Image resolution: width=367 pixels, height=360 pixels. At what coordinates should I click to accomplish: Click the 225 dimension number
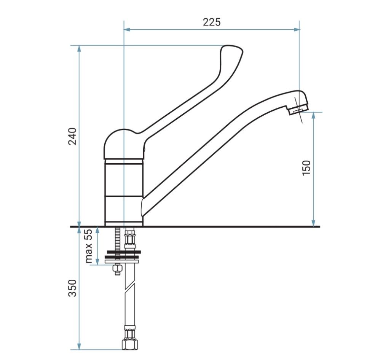click(212, 22)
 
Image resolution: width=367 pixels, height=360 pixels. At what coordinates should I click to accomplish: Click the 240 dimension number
click(72, 136)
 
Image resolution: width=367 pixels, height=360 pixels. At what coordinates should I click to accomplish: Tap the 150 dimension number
click(306, 168)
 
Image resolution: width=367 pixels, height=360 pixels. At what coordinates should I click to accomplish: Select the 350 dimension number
click(72, 288)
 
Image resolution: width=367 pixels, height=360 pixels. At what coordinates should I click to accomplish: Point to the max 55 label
click(89, 246)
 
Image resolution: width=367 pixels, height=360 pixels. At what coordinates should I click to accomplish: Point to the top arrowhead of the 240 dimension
click(79, 48)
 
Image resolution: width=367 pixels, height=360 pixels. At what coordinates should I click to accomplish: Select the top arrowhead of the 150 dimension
click(314, 115)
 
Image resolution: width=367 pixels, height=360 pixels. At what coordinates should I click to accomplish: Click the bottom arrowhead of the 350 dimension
click(79, 347)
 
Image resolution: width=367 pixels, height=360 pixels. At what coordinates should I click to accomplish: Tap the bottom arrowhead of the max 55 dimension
click(97, 262)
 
